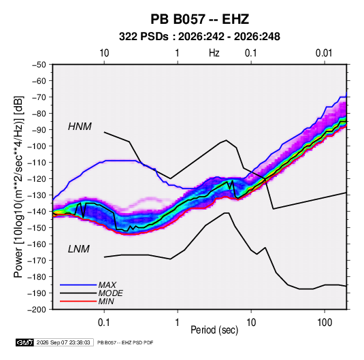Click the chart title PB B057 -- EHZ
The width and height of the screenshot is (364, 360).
click(x=199, y=19)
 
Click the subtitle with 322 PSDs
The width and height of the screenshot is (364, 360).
click(x=199, y=37)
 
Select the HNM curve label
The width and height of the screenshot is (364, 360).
click(x=80, y=127)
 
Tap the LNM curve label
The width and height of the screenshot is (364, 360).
click(x=79, y=249)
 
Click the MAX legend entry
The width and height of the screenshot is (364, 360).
click(x=107, y=284)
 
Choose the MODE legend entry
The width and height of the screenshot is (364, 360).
click(x=110, y=293)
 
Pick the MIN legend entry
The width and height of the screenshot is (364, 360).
click(x=106, y=301)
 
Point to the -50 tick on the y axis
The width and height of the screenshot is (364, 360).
click(x=39, y=65)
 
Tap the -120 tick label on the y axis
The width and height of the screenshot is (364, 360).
click(x=37, y=179)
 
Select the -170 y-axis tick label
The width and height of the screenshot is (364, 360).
click(x=37, y=261)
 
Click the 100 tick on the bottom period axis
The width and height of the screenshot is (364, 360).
click(x=325, y=323)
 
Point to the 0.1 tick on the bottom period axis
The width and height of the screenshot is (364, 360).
click(x=104, y=323)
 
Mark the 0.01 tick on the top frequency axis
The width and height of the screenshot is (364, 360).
click(x=324, y=53)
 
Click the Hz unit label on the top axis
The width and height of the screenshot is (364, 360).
click(x=214, y=53)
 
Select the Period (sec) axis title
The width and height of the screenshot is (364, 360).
click(x=214, y=330)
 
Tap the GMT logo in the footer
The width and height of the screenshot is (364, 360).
click(x=25, y=342)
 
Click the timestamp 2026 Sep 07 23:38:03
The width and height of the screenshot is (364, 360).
click(x=63, y=342)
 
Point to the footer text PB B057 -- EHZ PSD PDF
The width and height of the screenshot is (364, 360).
click(x=125, y=342)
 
